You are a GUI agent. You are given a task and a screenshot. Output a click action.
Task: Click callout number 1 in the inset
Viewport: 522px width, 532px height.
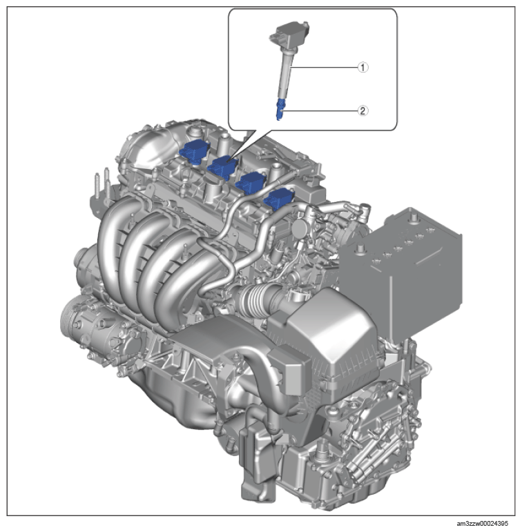tap(362, 67)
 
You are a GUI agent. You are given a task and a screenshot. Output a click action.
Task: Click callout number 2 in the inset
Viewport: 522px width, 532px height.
tap(362, 110)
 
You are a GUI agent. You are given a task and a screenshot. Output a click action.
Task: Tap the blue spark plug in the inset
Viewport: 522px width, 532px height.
tap(280, 110)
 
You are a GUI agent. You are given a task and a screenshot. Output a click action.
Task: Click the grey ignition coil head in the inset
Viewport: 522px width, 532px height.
tap(289, 35)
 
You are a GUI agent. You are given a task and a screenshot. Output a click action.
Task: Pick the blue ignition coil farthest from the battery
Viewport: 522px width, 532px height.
tap(195, 151)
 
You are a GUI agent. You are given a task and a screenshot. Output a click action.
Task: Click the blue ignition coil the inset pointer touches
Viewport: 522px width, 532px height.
tap(222, 167)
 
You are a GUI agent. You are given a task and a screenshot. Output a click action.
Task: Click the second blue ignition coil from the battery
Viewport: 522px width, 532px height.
tap(250, 184)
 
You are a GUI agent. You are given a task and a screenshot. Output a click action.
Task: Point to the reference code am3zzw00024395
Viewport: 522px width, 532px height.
tap(482, 524)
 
